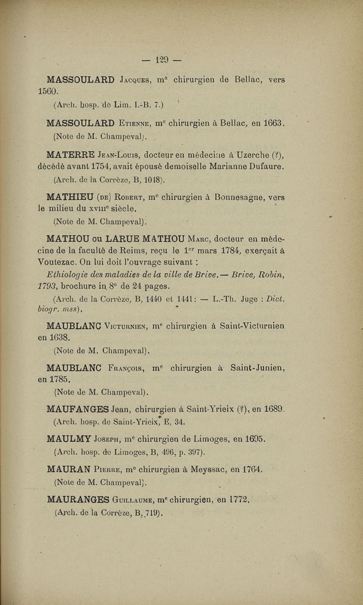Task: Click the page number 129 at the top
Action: pyautogui.click(x=161, y=59)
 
